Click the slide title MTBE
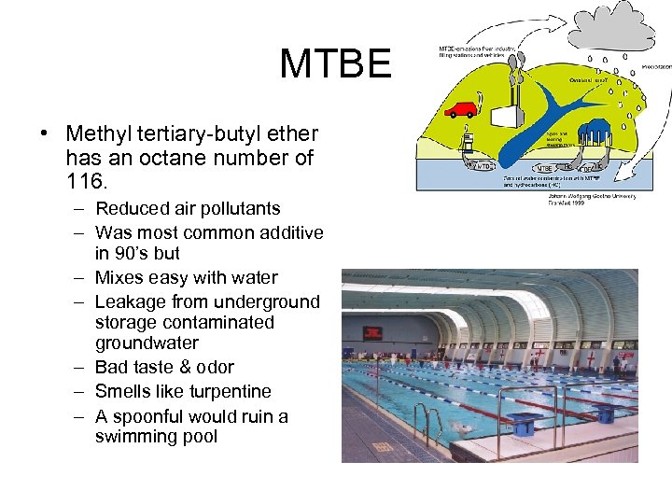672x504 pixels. (x=335, y=64)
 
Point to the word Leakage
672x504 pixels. (x=132, y=301)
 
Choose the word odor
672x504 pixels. (x=214, y=367)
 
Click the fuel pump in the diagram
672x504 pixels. (x=468, y=145)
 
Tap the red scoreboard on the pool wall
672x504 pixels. (x=372, y=332)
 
